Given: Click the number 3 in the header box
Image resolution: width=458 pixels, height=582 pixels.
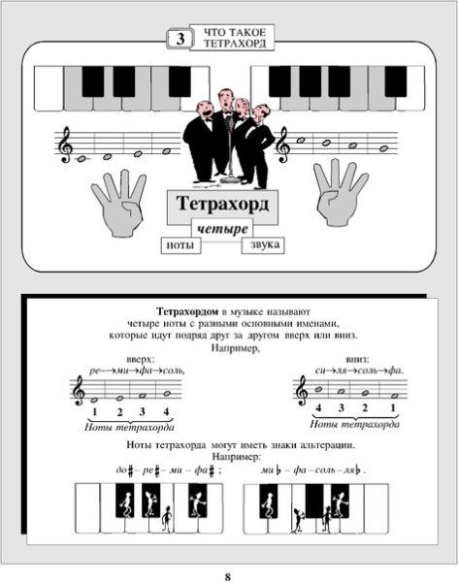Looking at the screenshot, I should coord(180,40).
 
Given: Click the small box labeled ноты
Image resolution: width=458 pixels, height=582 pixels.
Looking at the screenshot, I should coord(180,246).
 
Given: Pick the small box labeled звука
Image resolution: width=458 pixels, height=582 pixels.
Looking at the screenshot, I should coord(264,243).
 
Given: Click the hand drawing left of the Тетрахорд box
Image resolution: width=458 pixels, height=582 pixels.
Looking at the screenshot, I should coord(118,204).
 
